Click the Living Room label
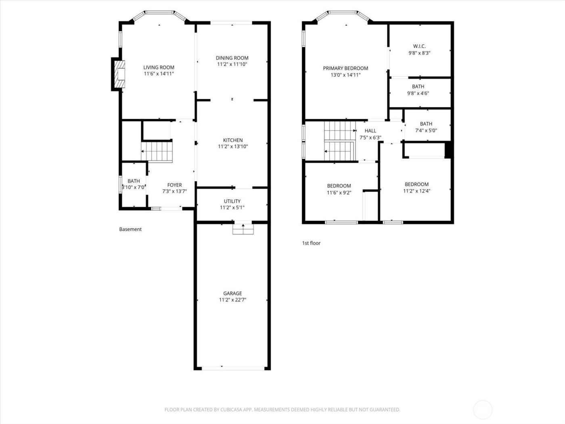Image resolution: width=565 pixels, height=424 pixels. point(159,67)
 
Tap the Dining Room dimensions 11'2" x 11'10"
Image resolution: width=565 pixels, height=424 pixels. point(232,64)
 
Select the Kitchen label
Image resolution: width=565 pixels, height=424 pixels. point(233,140)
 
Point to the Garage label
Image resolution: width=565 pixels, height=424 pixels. point(232,294)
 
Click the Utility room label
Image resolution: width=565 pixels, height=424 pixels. point(232,201)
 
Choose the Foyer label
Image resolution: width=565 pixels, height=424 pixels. point(174,185)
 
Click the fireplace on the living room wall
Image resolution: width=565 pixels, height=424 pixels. point(119,74)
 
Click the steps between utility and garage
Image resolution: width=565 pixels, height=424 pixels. point(243,229)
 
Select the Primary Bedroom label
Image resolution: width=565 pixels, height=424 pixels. point(345,68)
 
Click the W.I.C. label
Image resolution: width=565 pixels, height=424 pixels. point(419,46)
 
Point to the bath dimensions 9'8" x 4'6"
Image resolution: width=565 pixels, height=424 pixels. point(418,93)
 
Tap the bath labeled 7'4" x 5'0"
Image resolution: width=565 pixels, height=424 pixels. point(426,127)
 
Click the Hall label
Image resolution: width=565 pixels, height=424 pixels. point(370,131)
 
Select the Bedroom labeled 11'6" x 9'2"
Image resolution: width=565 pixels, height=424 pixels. point(339,189)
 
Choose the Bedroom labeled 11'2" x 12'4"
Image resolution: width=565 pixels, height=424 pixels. point(416,187)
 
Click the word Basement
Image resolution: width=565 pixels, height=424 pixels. point(130,229)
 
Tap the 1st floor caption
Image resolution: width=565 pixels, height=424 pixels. point(311,243)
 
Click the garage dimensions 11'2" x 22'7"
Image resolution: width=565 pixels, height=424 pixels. point(232,300)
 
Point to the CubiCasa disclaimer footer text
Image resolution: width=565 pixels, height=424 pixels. point(282,410)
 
